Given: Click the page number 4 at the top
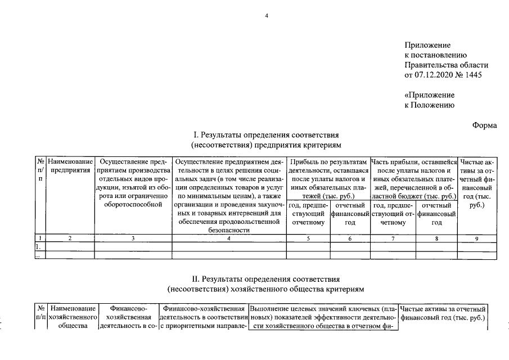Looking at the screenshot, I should click(x=267, y=16).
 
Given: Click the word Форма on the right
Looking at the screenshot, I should click(x=484, y=125).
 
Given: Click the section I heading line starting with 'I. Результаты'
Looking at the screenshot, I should click(x=266, y=135).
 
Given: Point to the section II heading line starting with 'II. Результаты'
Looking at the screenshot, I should click(x=266, y=278).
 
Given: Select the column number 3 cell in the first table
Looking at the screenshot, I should click(x=133, y=238).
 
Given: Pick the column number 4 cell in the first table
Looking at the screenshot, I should click(x=229, y=238).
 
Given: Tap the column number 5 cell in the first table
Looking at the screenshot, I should click(x=308, y=238).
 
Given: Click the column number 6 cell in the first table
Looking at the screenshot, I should click(x=350, y=238).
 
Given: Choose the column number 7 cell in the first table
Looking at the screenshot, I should click(x=393, y=238).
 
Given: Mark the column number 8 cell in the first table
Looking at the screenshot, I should click(x=436, y=238).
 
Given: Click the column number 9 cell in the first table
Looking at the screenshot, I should click(x=476, y=238).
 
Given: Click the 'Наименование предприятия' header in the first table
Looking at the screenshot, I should click(x=70, y=166).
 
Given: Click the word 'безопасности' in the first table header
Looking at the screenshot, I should click(x=229, y=230).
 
